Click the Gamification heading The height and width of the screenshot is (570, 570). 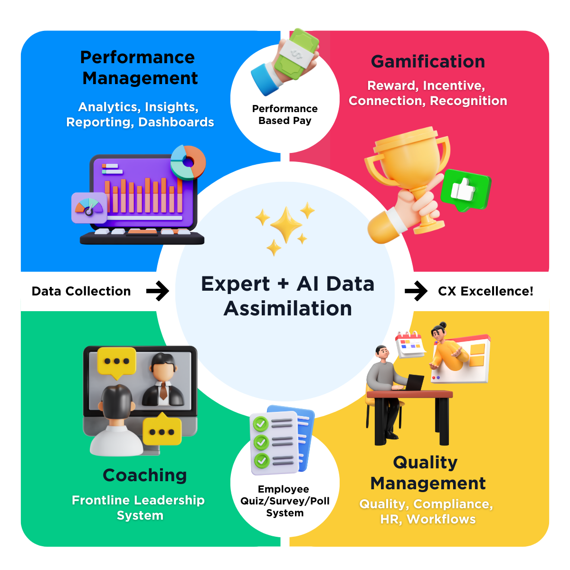click(x=427, y=62)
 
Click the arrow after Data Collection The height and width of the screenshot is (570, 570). click(x=157, y=291)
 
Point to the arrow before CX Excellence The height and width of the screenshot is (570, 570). click(x=416, y=291)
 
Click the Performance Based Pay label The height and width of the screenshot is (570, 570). click(x=285, y=114)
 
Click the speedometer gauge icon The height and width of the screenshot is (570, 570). click(x=89, y=208)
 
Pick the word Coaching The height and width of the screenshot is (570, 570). click(x=144, y=475)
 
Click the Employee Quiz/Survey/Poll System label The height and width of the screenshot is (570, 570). click(x=285, y=501)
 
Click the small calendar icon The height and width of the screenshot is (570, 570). click(x=409, y=345)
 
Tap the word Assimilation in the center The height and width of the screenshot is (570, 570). click(x=288, y=309)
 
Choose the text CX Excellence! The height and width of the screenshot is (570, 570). click(x=485, y=291)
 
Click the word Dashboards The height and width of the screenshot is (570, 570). click(x=176, y=122)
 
